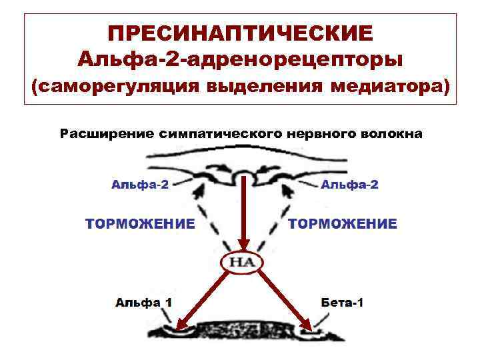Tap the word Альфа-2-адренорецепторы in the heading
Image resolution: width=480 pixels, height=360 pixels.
tap(240, 60)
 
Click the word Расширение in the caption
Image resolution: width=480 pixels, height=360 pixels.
tap(107, 134)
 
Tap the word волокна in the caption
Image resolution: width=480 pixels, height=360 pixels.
tap(392, 134)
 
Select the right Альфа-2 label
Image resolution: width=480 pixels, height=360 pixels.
tap(349, 184)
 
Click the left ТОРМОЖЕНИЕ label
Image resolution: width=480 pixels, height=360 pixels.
tap(140, 223)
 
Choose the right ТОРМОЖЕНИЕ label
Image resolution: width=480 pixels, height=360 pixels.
tap(343, 223)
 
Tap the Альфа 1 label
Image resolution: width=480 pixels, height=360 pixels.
tap(143, 302)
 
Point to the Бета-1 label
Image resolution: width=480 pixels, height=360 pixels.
tap(342, 302)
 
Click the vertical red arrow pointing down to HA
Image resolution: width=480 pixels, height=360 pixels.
tap(245, 213)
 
